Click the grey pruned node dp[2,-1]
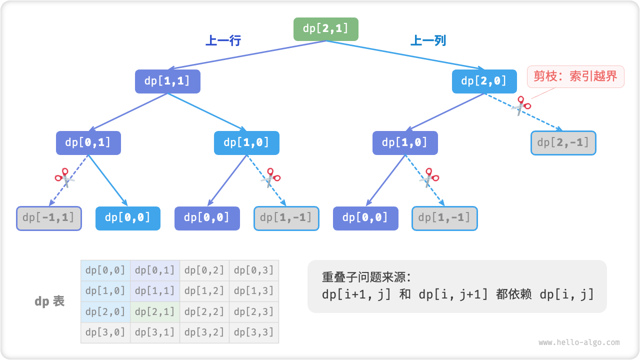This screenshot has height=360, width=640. click(563, 143)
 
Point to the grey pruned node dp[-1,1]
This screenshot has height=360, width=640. click(49, 218)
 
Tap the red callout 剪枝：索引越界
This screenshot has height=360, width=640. click(575, 77)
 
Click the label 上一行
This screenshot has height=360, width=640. click(223, 40)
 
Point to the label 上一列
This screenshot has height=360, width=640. click(428, 40)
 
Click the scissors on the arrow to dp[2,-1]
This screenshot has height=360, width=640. click(522, 106)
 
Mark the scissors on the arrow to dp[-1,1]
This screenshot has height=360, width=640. click(63, 177)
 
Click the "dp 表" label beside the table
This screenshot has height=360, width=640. click(49, 301)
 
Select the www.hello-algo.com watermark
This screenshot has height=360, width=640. click(579, 342)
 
